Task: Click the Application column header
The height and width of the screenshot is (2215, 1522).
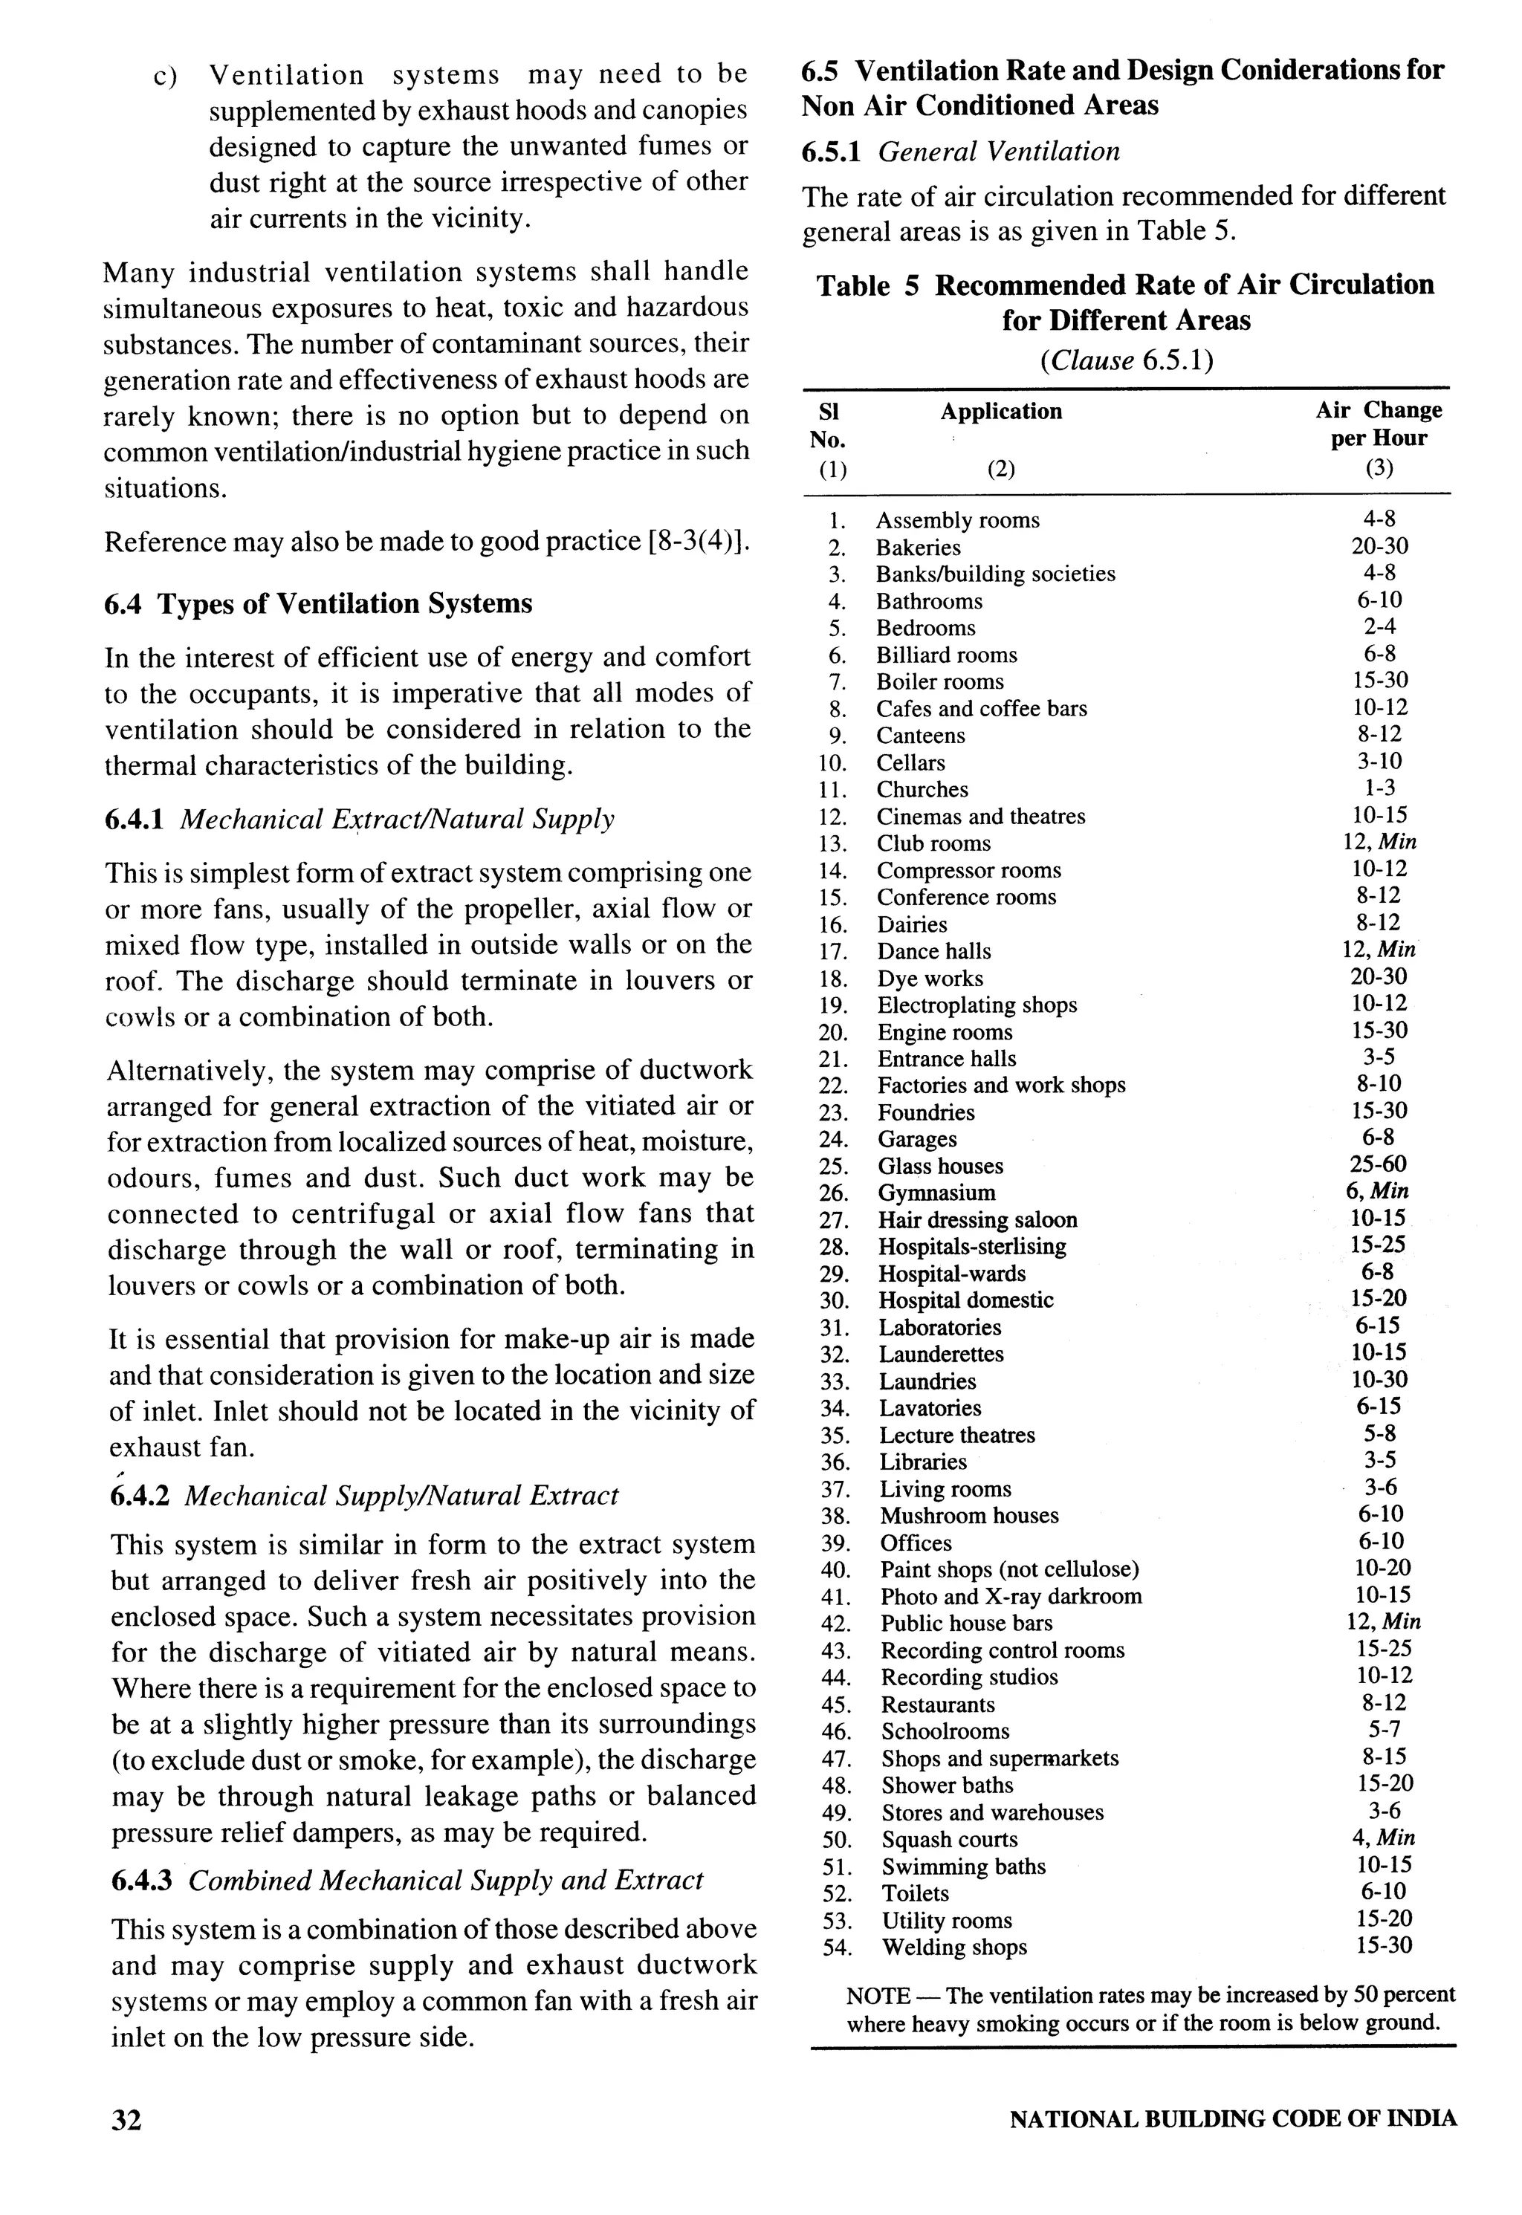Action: pyautogui.click(x=1000, y=411)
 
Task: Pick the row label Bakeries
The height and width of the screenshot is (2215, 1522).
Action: pyautogui.click(x=919, y=548)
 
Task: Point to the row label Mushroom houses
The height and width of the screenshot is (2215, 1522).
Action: pyautogui.click(x=969, y=1515)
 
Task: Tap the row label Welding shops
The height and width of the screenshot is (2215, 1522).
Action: pyautogui.click(x=953, y=1947)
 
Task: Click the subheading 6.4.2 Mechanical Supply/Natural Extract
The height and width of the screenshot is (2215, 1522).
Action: pyautogui.click(x=364, y=1495)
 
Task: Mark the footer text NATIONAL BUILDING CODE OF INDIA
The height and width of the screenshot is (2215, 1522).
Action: pyautogui.click(x=1232, y=2118)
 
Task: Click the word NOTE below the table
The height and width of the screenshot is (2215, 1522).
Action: pyautogui.click(x=878, y=1995)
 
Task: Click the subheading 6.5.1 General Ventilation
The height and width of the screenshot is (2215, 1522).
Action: pyautogui.click(x=960, y=152)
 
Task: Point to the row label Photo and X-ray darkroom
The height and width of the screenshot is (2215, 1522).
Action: pyautogui.click(x=1011, y=1596)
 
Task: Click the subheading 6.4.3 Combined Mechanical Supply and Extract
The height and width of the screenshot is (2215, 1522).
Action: pyautogui.click(x=407, y=1881)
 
